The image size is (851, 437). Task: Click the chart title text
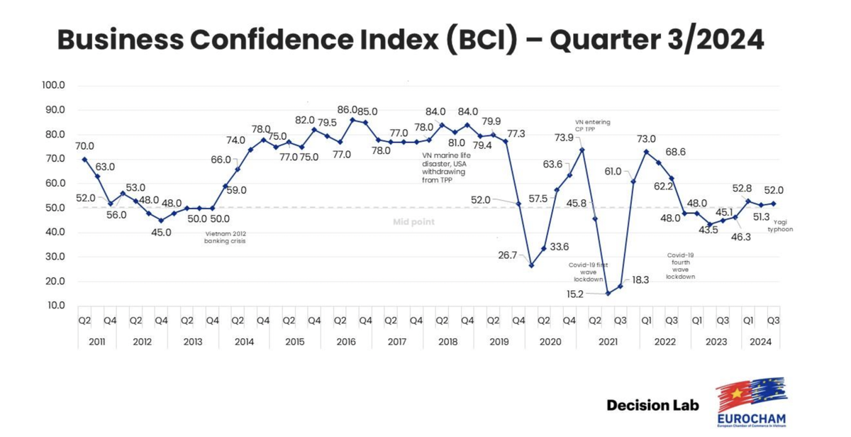pyautogui.click(x=411, y=40)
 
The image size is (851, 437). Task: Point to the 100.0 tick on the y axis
pyautogui.click(x=54, y=85)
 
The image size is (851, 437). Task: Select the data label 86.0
pyautogui.click(x=347, y=110)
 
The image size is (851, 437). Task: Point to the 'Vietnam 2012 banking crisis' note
pyautogui.click(x=226, y=238)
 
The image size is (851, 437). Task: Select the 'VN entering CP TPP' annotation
pyautogui.click(x=593, y=126)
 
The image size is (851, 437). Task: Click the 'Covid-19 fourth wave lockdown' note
pyautogui.click(x=680, y=265)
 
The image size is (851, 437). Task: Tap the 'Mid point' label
pyautogui.click(x=413, y=222)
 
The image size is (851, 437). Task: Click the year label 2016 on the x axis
pyautogui.click(x=345, y=342)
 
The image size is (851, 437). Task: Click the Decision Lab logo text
pyautogui.click(x=652, y=406)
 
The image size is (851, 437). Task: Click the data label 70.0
pyautogui.click(x=84, y=145)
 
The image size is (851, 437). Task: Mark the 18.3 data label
pyautogui.click(x=640, y=280)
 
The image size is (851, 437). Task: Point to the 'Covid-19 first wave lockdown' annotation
pyautogui.click(x=588, y=272)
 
